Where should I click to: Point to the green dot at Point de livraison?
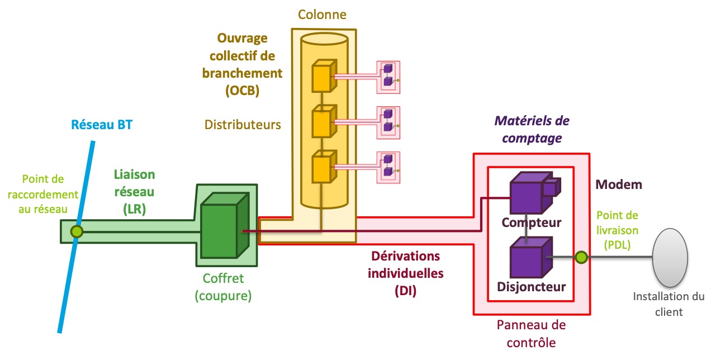click(581, 257)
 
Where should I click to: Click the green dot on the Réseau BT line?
click(77, 231)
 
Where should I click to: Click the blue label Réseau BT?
click(102, 125)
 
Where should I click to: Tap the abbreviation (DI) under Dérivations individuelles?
click(406, 291)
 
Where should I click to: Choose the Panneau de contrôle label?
click(531, 333)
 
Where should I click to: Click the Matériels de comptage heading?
click(533, 129)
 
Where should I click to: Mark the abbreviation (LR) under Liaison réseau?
click(134, 209)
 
